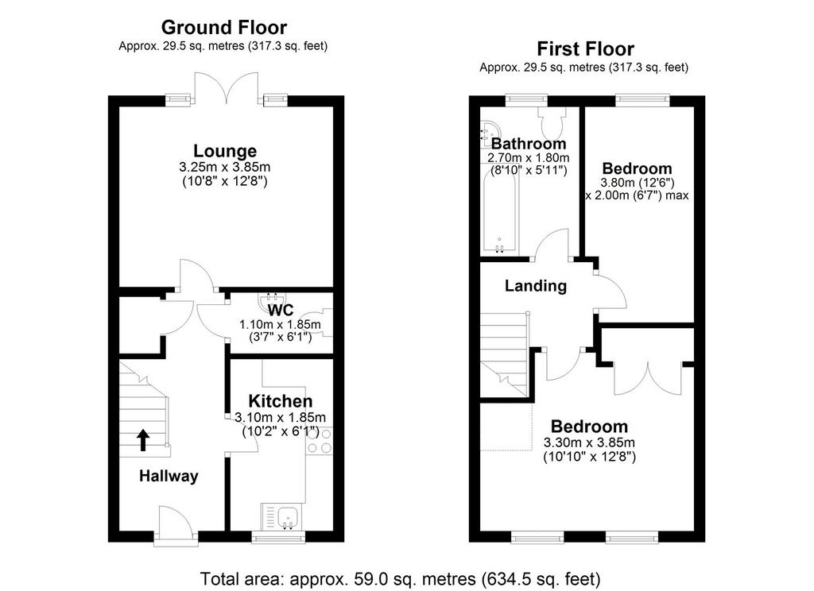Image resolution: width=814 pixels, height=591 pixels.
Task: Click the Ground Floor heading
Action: [223, 27]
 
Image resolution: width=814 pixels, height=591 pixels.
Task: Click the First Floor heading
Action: [585, 48]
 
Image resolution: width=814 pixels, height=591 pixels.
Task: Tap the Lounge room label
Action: [225, 150]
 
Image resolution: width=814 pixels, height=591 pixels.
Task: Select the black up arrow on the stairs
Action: [143, 440]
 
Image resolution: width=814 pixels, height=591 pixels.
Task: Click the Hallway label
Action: [169, 476]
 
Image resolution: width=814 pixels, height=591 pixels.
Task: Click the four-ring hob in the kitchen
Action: [320, 441]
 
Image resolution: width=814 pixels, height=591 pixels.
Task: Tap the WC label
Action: [281, 311]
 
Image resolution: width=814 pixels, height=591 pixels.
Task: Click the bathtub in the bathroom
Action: [499, 212]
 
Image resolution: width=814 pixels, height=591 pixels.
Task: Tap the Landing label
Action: [536, 285]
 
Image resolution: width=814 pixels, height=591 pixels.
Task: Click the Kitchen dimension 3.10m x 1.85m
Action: [281, 417]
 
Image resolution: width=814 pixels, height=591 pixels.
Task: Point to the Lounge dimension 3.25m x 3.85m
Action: [225, 167]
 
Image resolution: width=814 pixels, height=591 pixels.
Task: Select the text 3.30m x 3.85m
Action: [589, 442]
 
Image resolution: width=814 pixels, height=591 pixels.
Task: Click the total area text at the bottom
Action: [401, 578]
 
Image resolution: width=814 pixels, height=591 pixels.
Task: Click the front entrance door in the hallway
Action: [176, 525]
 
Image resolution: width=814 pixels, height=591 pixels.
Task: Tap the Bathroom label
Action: [529, 143]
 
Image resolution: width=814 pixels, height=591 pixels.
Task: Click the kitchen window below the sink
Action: [278, 538]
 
